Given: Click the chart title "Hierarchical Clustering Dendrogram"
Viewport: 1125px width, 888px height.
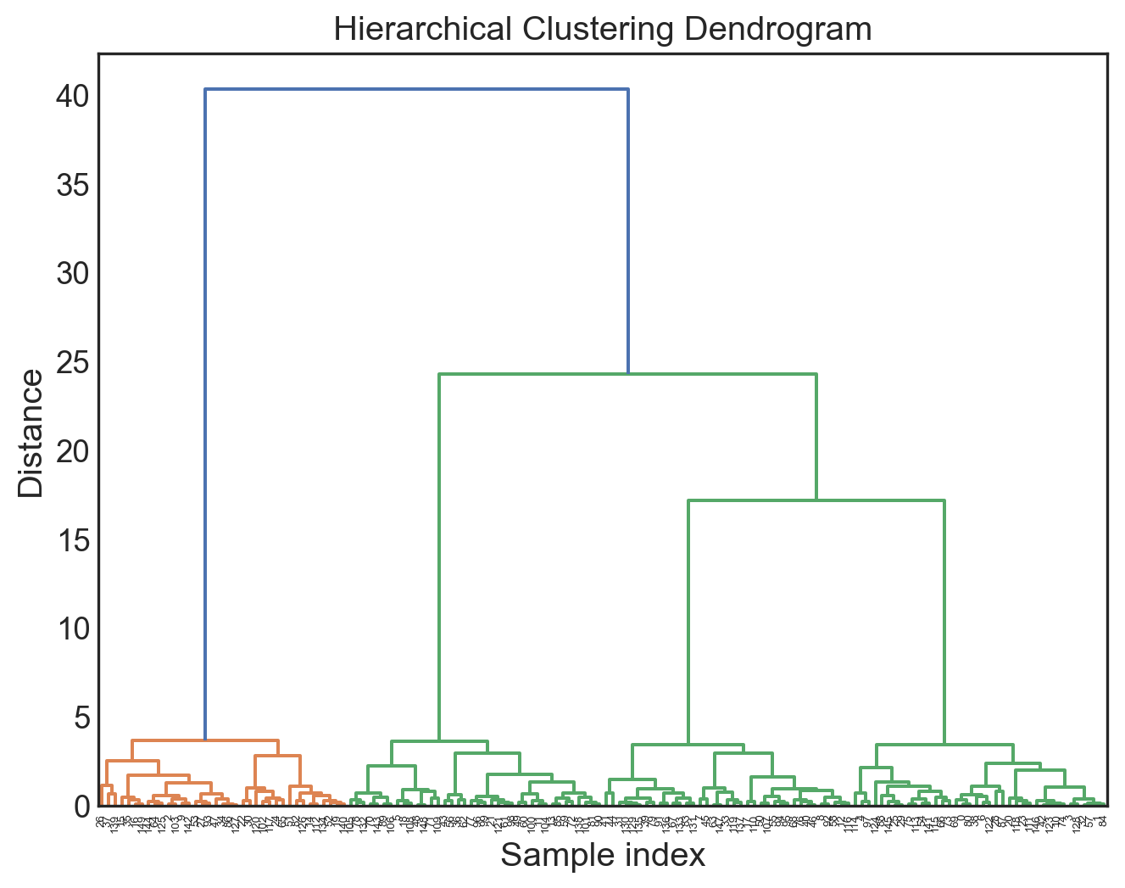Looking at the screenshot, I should pyautogui.click(x=603, y=30).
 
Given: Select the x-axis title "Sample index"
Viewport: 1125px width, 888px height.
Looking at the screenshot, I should pyautogui.click(x=603, y=855).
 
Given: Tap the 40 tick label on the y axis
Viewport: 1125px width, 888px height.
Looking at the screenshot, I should pyautogui.click(x=73, y=97).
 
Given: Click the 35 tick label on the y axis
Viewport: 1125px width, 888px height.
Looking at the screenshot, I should pyautogui.click(x=73, y=185).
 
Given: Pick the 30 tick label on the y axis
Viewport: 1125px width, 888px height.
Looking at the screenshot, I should pyautogui.click(x=73, y=274).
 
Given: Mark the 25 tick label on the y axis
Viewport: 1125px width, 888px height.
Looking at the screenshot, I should pyautogui.click(x=73, y=363).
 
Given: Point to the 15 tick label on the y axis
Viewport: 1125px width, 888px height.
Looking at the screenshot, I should pyautogui.click(x=73, y=540).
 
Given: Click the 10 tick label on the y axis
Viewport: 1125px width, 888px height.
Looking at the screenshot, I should pyautogui.click(x=73, y=629).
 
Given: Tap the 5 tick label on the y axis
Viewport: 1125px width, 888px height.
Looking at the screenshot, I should pyautogui.click(x=82, y=718).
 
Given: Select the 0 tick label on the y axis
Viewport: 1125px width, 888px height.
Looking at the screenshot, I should pyautogui.click(x=82, y=807).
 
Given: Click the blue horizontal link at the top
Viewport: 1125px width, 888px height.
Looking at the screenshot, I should pyautogui.click(x=415, y=89).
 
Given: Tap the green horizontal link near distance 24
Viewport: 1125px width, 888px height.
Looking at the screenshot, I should pyautogui.click(x=627, y=374).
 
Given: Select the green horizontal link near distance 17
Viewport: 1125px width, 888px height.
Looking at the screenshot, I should pyautogui.click(x=816, y=501).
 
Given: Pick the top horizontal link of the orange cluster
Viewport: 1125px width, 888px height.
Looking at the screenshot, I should pyautogui.click(x=205, y=740).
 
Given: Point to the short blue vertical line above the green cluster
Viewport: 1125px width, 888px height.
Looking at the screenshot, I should pyautogui.click(x=627, y=229).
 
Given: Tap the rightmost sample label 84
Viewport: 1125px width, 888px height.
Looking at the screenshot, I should pyautogui.click(x=1102, y=819).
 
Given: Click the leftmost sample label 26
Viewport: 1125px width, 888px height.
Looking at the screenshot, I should pyautogui.click(x=101, y=819).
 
